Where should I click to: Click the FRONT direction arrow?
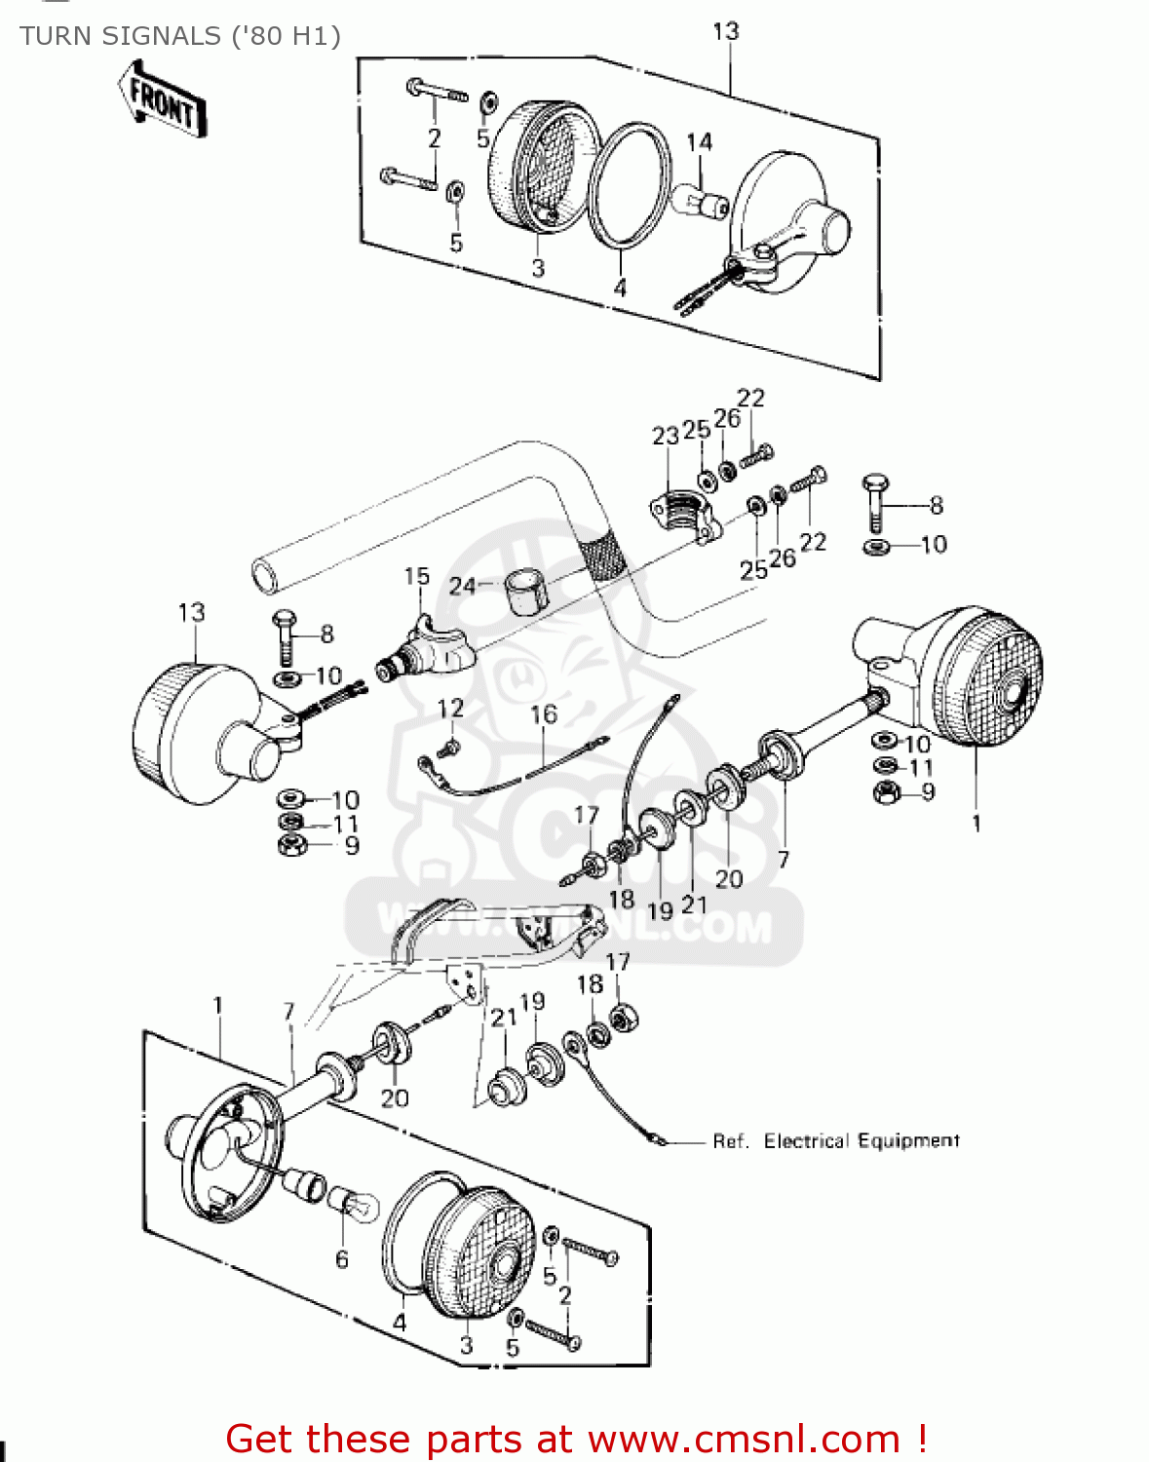click(163, 98)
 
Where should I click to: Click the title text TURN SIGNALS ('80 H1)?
click(180, 36)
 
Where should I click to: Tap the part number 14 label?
click(699, 142)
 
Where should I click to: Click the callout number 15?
click(417, 576)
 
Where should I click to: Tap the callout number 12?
click(450, 708)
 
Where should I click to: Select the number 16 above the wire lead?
click(544, 714)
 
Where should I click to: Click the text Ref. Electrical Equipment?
click(836, 1140)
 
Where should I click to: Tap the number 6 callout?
click(341, 1259)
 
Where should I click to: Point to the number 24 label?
click(462, 586)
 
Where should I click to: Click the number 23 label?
click(666, 436)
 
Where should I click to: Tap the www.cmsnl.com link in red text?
click(744, 1439)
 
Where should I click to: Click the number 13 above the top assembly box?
click(726, 31)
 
